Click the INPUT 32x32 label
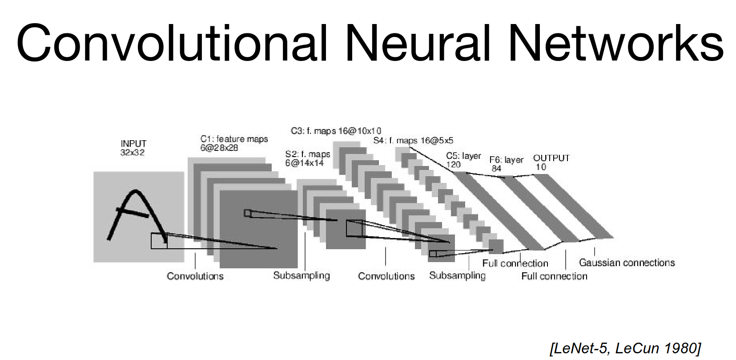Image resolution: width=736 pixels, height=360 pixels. [133, 148]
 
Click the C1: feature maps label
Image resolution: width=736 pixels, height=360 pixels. [234, 143]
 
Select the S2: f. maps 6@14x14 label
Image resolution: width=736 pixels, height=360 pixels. [307, 158]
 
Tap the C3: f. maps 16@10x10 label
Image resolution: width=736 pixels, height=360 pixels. [336, 131]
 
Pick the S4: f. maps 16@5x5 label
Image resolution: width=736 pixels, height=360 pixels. [413, 141]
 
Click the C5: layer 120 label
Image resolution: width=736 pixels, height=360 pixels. [463, 160]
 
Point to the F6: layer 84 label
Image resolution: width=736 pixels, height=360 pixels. [506, 164]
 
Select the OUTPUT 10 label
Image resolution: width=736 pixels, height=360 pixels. [551, 162]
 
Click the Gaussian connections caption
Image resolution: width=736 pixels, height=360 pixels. [627, 263]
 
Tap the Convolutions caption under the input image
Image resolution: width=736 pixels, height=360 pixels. [195, 276]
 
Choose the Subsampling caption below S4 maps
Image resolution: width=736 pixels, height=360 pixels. [457, 276]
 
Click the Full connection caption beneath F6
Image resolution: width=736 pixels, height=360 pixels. [554, 276]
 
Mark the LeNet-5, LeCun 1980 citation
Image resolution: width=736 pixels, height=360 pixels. [625, 348]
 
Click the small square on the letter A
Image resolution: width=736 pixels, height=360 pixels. [159, 241]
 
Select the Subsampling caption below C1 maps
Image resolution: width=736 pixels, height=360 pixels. [302, 276]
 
